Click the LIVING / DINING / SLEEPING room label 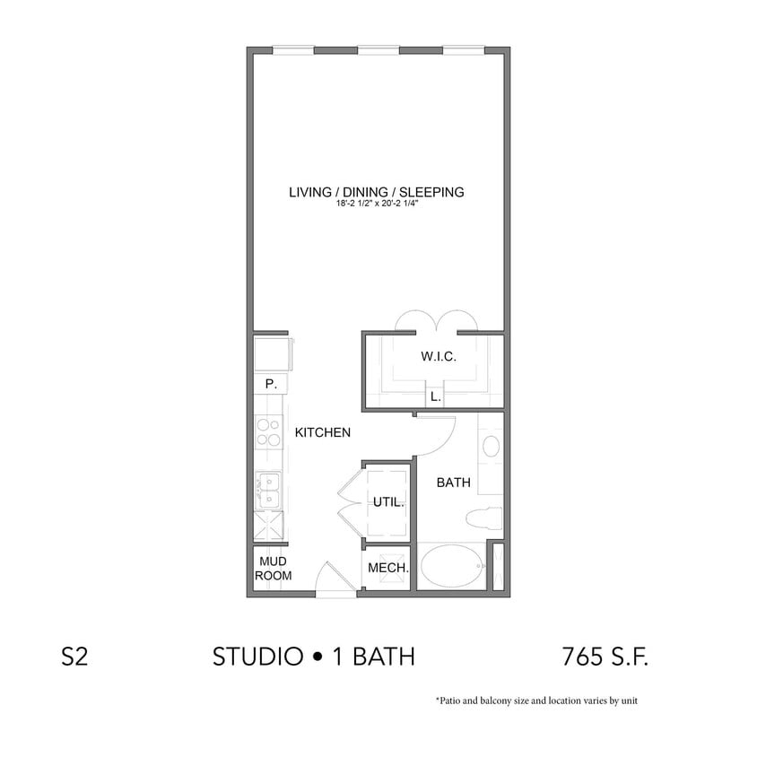pyautogui.click(x=377, y=191)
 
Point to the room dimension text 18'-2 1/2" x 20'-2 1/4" pyautogui.click(x=377, y=205)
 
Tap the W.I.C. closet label pyautogui.click(x=439, y=357)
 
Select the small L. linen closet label pyautogui.click(x=436, y=396)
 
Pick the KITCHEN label pyautogui.click(x=322, y=432)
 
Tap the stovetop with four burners pyautogui.click(x=267, y=432)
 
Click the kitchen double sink pyautogui.click(x=268, y=491)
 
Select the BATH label pyautogui.click(x=454, y=483)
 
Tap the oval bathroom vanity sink pyautogui.click(x=492, y=446)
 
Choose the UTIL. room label pyautogui.click(x=389, y=502)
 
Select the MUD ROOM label pyautogui.click(x=273, y=569)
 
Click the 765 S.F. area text pyautogui.click(x=605, y=657)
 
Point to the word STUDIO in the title pyautogui.click(x=257, y=657)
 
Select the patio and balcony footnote pyautogui.click(x=536, y=700)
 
